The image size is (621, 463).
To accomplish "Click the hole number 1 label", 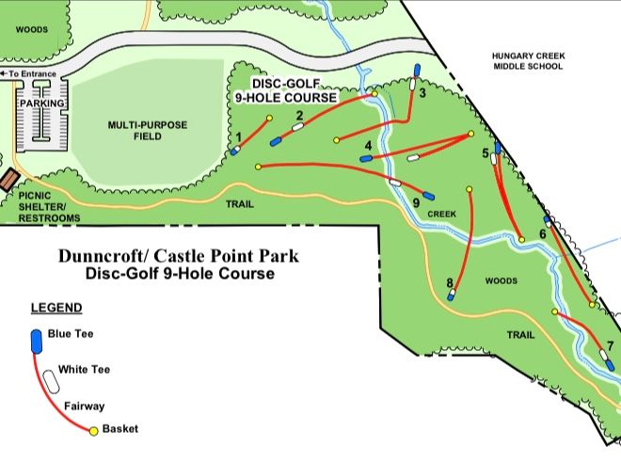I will point(239,136).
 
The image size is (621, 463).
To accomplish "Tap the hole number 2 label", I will point(299,116).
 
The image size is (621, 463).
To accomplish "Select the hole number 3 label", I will point(423,93).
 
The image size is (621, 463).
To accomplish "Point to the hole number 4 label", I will point(368,145).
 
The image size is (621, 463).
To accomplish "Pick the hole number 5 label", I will point(486,152).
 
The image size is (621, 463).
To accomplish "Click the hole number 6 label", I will point(543,233).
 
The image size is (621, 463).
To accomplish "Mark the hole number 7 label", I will point(611,345).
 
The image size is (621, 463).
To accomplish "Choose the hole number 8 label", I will point(451,282).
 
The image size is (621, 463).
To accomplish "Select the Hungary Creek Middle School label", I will point(527,61).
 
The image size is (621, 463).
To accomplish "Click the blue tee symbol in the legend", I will point(37,340).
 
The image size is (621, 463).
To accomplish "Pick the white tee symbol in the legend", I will point(45,376).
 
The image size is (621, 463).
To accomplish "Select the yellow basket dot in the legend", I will point(94,431).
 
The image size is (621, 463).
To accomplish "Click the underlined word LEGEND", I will point(56,308).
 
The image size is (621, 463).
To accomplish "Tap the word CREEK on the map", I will point(441,215).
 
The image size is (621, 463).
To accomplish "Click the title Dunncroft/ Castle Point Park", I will point(181,255).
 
